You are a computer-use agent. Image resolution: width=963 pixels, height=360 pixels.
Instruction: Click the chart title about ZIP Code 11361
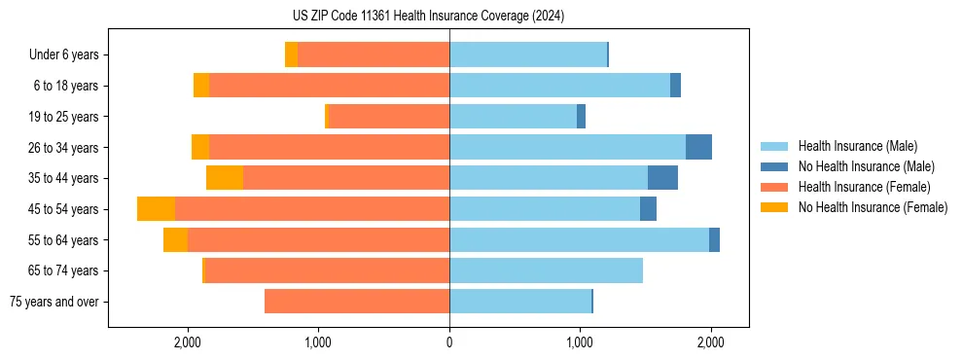pyautogui.click(x=428, y=17)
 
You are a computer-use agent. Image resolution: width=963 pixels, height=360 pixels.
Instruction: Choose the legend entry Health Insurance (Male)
pyautogui.click(x=857, y=146)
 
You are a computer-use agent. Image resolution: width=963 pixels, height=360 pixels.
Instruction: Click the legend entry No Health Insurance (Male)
pyautogui.click(x=866, y=166)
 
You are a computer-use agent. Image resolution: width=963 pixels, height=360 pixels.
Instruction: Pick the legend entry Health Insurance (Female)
pyautogui.click(x=863, y=187)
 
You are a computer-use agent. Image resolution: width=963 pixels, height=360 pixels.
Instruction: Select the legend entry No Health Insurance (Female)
pyautogui.click(x=872, y=207)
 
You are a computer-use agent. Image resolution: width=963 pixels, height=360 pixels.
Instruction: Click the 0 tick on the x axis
pyautogui.click(x=449, y=342)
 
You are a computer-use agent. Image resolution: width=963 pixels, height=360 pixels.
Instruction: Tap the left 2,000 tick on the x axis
pyautogui.click(x=188, y=342)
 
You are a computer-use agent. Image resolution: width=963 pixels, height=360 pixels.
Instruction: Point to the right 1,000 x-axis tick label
pyautogui.click(x=580, y=342)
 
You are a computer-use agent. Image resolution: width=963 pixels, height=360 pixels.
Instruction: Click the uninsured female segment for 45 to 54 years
pyautogui.click(x=156, y=209)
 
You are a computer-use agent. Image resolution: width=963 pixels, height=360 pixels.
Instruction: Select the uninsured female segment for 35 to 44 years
pyautogui.click(x=225, y=178)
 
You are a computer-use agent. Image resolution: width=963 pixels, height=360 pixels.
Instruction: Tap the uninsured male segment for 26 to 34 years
pyautogui.click(x=698, y=147)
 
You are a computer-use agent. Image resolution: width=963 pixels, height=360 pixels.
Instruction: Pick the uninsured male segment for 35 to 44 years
pyautogui.click(x=662, y=178)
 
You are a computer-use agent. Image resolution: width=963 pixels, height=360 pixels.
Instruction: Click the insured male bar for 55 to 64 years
pyautogui.click(x=579, y=239)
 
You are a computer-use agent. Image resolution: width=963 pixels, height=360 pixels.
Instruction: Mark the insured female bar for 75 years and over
pyautogui.click(x=357, y=302)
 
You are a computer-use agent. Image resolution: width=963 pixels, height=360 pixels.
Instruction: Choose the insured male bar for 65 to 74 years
pyautogui.click(x=546, y=270)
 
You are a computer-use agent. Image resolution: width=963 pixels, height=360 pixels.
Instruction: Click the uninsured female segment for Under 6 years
pyautogui.click(x=291, y=55)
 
